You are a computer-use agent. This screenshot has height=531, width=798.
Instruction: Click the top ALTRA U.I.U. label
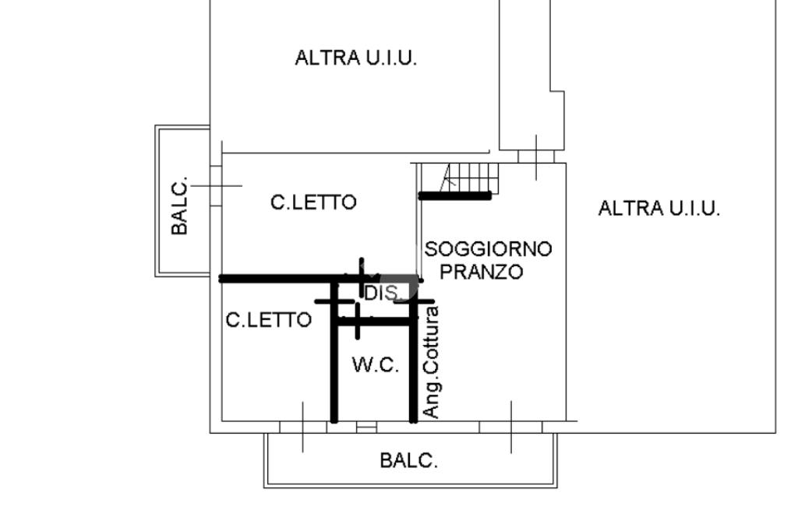(355, 58)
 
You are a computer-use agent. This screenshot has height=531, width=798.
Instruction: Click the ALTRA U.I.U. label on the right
(659, 209)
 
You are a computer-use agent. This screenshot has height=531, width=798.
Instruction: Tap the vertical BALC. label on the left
(180, 206)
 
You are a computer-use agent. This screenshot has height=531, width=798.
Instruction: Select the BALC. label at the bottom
(408, 460)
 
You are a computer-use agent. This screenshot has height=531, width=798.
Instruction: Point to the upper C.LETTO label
(313, 202)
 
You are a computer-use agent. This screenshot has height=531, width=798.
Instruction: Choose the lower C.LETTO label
(268, 320)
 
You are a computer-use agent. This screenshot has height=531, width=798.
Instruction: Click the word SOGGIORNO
(488, 249)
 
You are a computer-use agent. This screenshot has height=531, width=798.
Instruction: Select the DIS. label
(383, 294)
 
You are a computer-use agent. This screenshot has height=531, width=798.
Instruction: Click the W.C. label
(376, 364)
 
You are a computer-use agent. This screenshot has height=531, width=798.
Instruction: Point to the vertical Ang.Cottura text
(431, 361)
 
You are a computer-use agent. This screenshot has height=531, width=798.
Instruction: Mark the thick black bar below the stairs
(455, 196)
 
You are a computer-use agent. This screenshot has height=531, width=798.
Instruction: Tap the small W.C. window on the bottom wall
(366, 427)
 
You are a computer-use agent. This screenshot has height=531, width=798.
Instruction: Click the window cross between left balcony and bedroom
(216, 185)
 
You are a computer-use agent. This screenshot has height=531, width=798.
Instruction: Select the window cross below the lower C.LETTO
(303, 427)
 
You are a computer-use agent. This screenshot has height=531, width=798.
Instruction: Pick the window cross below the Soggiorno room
(511, 427)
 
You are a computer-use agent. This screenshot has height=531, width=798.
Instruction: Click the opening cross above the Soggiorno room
(536, 156)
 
